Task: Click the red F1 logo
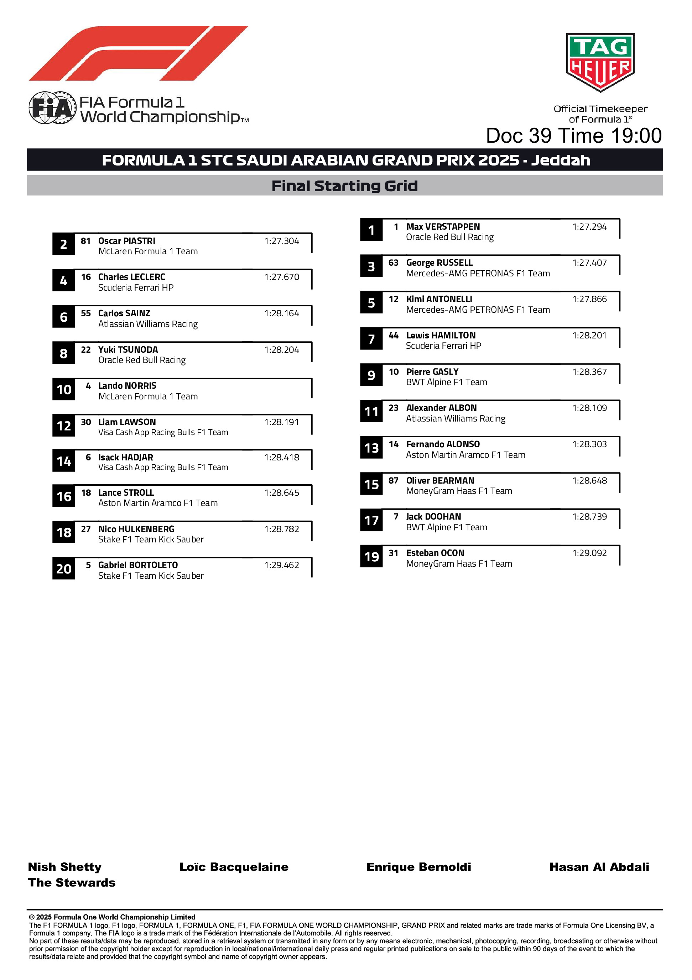139,53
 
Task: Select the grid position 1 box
371,230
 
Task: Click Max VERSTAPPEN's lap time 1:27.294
589,227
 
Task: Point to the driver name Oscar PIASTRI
127,241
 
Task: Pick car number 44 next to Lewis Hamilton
393,336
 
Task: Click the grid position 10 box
63,389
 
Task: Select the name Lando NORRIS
127,386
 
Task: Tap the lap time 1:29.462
281,565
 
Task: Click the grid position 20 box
63,568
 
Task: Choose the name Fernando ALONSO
443,444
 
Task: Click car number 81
86,241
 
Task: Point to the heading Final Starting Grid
344,186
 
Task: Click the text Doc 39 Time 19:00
573,136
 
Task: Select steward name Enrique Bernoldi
419,867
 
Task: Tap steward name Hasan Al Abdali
599,867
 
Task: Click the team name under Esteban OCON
459,563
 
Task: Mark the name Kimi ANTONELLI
439,299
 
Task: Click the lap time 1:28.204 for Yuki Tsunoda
281,349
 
